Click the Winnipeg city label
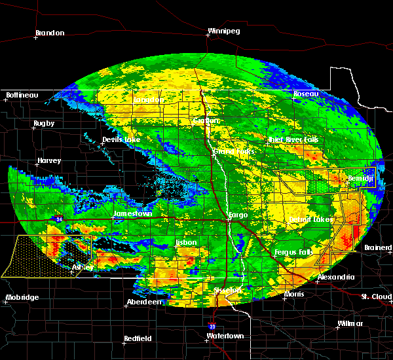pos(223,31)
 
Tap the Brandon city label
pos(50,33)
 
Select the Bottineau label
pos(22,95)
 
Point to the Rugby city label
pos(44,123)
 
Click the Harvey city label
pos(49,160)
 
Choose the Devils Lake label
pos(121,140)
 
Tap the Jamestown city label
pos(132,213)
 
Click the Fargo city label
pos(237,214)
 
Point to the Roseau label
pos(306,94)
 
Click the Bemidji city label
pos(360,178)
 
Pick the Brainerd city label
pos(378,247)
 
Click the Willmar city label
pos(350,323)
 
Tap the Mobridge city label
pos(22,297)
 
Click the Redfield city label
pos(138,338)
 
